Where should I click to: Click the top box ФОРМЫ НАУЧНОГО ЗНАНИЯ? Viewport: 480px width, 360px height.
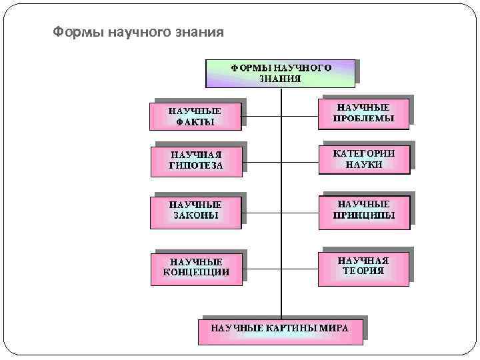tap(281, 73)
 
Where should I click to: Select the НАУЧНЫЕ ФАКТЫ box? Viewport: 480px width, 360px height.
tap(195, 115)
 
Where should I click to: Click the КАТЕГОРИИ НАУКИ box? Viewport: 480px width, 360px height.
tap(364, 159)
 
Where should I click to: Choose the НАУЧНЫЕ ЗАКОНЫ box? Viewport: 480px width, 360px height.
tap(195, 210)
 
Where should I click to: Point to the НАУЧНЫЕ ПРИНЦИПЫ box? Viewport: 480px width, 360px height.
tap(364, 210)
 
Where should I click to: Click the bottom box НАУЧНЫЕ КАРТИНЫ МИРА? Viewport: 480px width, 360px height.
tap(280, 329)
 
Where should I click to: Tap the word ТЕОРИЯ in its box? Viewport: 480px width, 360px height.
tap(363, 271)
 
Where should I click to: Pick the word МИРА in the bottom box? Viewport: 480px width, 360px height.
tap(334, 328)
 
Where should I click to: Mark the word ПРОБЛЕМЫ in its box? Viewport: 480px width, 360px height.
tap(363, 119)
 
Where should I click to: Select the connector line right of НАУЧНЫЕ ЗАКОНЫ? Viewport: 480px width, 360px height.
tap(261, 213)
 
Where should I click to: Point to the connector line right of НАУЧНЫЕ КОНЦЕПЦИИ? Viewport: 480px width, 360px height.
tap(261, 269)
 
